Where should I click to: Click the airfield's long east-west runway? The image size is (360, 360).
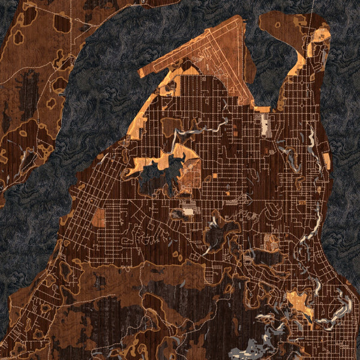(x=192, y=51)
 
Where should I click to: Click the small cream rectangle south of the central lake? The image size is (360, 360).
(x=188, y=211)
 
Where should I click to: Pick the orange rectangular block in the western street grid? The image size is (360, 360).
(x=98, y=217)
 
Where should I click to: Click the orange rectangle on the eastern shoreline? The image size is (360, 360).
(x=327, y=161)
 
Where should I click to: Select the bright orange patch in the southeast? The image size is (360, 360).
(x=299, y=304)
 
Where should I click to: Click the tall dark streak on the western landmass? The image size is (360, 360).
(x=26, y=90)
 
